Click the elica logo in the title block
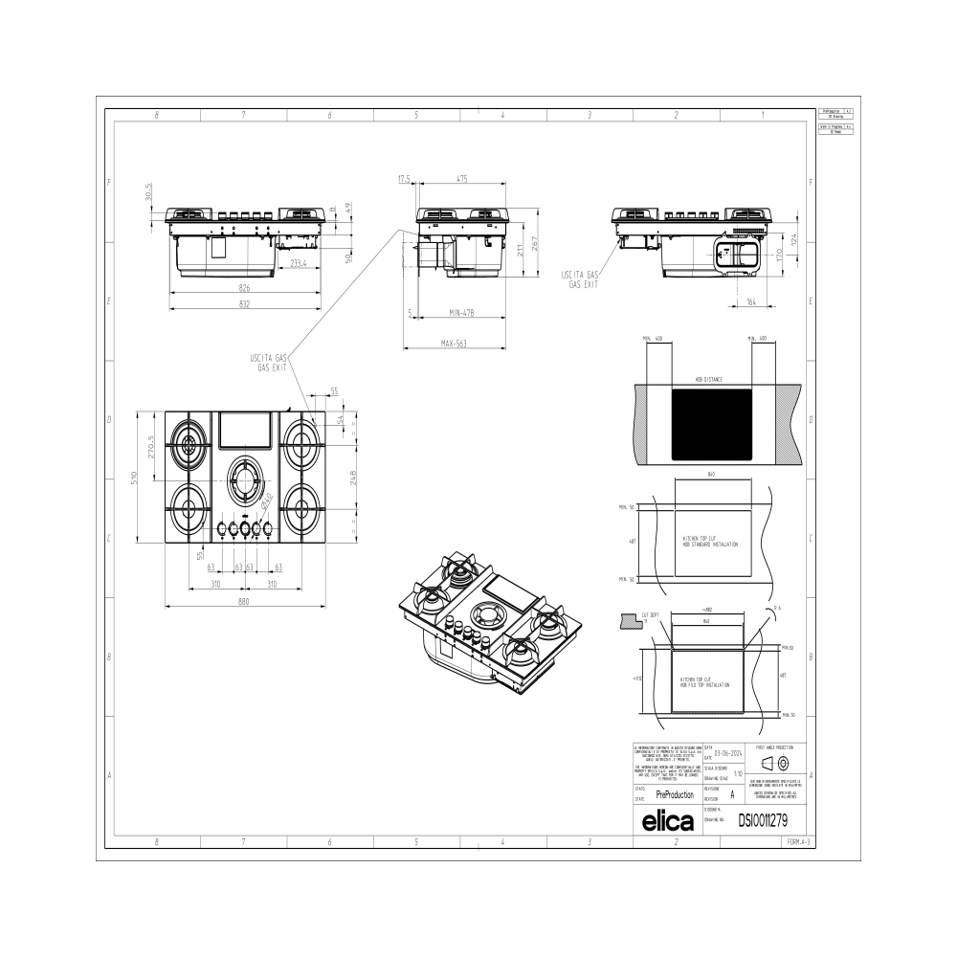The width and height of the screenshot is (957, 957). [x=665, y=820]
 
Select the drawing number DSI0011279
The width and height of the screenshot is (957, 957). [x=763, y=820]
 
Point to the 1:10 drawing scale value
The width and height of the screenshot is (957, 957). [x=737, y=772]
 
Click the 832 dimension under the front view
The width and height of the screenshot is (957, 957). [x=244, y=303]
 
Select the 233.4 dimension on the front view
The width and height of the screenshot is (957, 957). [x=299, y=263]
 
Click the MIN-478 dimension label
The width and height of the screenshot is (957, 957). [x=461, y=313]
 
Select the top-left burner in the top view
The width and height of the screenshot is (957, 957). [x=189, y=443]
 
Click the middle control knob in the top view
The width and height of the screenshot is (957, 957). [x=245, y=527]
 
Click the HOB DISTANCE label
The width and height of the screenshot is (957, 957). [x=709, y=379]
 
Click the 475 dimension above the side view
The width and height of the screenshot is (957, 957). [x=462, y=179]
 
